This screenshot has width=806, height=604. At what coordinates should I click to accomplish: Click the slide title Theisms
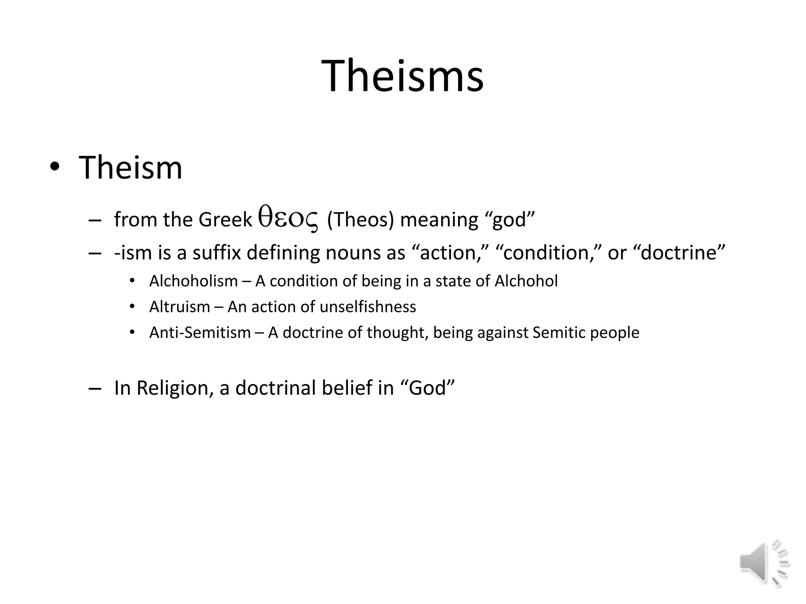point(402,75)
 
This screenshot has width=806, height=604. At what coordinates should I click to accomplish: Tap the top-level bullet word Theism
point(131,168)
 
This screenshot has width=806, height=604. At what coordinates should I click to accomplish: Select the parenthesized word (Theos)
point(360,219)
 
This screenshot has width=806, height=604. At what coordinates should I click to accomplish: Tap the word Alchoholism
point(194,281)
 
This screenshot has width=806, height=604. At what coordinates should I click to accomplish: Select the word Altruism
point(179,307)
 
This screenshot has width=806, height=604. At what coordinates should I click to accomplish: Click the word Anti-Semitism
point(200,333)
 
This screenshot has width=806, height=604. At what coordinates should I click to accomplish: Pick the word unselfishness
point(368,307)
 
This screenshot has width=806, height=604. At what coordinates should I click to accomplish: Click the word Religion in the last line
point(175,388)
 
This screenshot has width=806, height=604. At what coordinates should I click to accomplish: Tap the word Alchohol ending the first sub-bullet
point(526,281)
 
